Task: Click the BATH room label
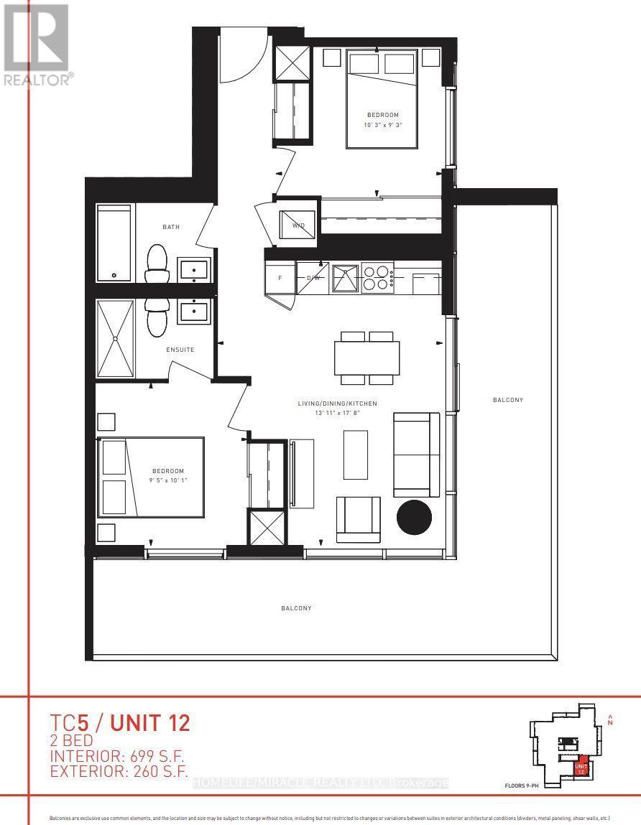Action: click(171, 227)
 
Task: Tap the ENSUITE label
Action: click(180, 350)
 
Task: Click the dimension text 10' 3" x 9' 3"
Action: click(382, 125)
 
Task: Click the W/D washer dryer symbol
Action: click(298, 220)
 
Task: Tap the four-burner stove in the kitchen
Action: click(377, 278)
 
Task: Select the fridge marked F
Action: click(280, 278)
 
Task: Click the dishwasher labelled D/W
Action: click(313, 278)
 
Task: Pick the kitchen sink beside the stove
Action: click(345, 278)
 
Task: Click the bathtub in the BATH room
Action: click(115, 243)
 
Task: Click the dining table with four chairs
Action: click(366, 358)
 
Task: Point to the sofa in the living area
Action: click(416, 455)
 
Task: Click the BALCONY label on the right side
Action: click(508, 400)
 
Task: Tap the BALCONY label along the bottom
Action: click(296, 608)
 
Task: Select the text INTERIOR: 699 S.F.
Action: click(116, 756)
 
